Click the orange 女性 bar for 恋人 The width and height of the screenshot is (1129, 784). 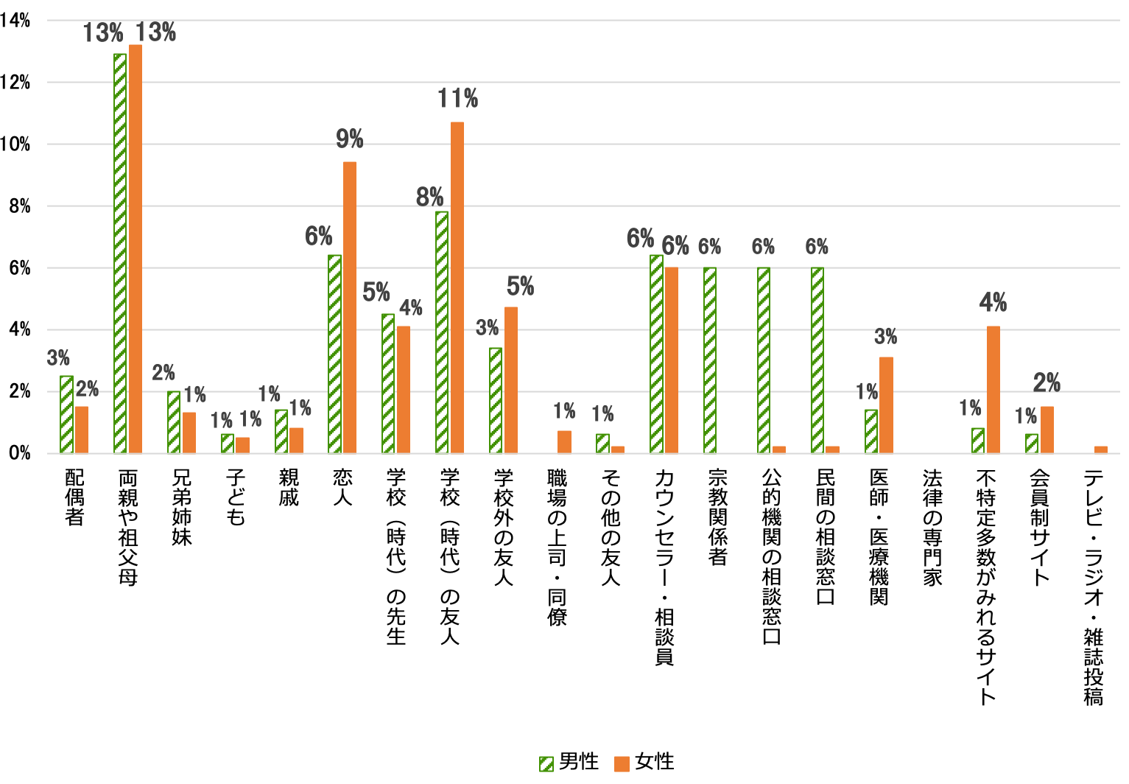click(x=350, y=307)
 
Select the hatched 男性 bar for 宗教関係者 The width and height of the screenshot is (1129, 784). click(x=710, y=360)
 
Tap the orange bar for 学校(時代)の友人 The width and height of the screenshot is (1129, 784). click(x=457, y=287)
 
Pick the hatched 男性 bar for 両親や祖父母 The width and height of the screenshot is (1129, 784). click(x=120, y=253)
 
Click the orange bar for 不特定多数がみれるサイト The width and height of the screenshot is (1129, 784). click(x=993, y=390)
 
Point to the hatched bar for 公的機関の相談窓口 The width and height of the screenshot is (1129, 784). click(x=764, y=360)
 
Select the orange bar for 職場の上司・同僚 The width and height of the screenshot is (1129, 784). click(x=564, y=442)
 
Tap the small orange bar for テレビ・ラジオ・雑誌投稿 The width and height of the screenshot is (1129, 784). click(x=1101, y=449)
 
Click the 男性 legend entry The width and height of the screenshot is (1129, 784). click(x=569, y=763)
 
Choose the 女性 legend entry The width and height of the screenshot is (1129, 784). click(x=645, y=763)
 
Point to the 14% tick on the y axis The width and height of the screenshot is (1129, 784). click(x=15, y=21)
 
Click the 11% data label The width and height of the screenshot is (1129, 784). click(x=457, y=99)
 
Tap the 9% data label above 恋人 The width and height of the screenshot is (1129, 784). click(x=350, y=139)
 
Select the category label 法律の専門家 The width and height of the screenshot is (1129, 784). click(x=932, y=528)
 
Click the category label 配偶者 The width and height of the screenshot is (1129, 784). click(x=74, y=497)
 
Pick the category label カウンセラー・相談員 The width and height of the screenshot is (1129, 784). click(x=664, y=567)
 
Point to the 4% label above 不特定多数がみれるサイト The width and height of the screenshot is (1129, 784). click(x=993, y=303)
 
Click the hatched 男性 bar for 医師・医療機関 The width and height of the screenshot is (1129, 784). click(x=871, y=431)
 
